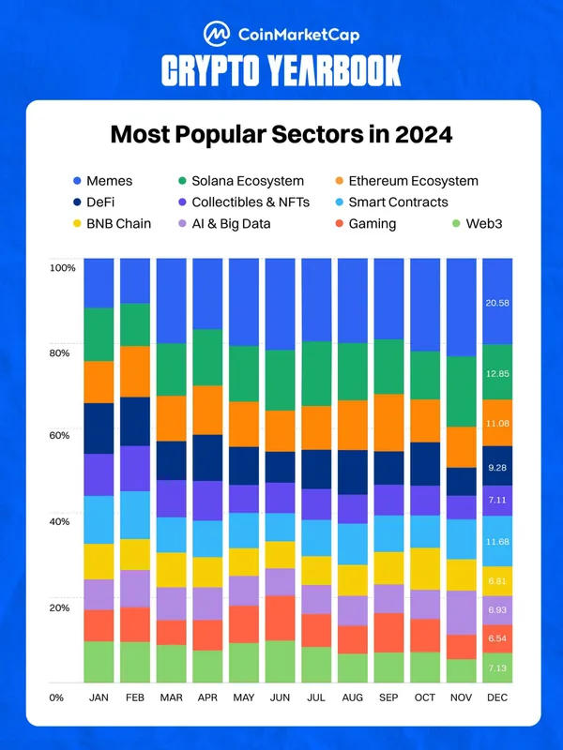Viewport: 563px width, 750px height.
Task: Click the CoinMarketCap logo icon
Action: point(216,35)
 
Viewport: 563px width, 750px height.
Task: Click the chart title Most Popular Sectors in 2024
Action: point(281,134)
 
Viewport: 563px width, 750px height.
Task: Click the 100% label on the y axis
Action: point(62,268)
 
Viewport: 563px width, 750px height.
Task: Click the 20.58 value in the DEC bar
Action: point(497,303)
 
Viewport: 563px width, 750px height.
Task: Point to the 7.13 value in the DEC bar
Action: point(497,667)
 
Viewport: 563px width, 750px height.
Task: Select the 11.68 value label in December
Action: point(497,541)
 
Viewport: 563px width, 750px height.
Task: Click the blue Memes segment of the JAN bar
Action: point(99,283)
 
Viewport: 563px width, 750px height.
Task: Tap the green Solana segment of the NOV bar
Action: point(461,392)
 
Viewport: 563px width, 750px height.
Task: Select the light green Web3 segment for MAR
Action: point(171,664)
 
